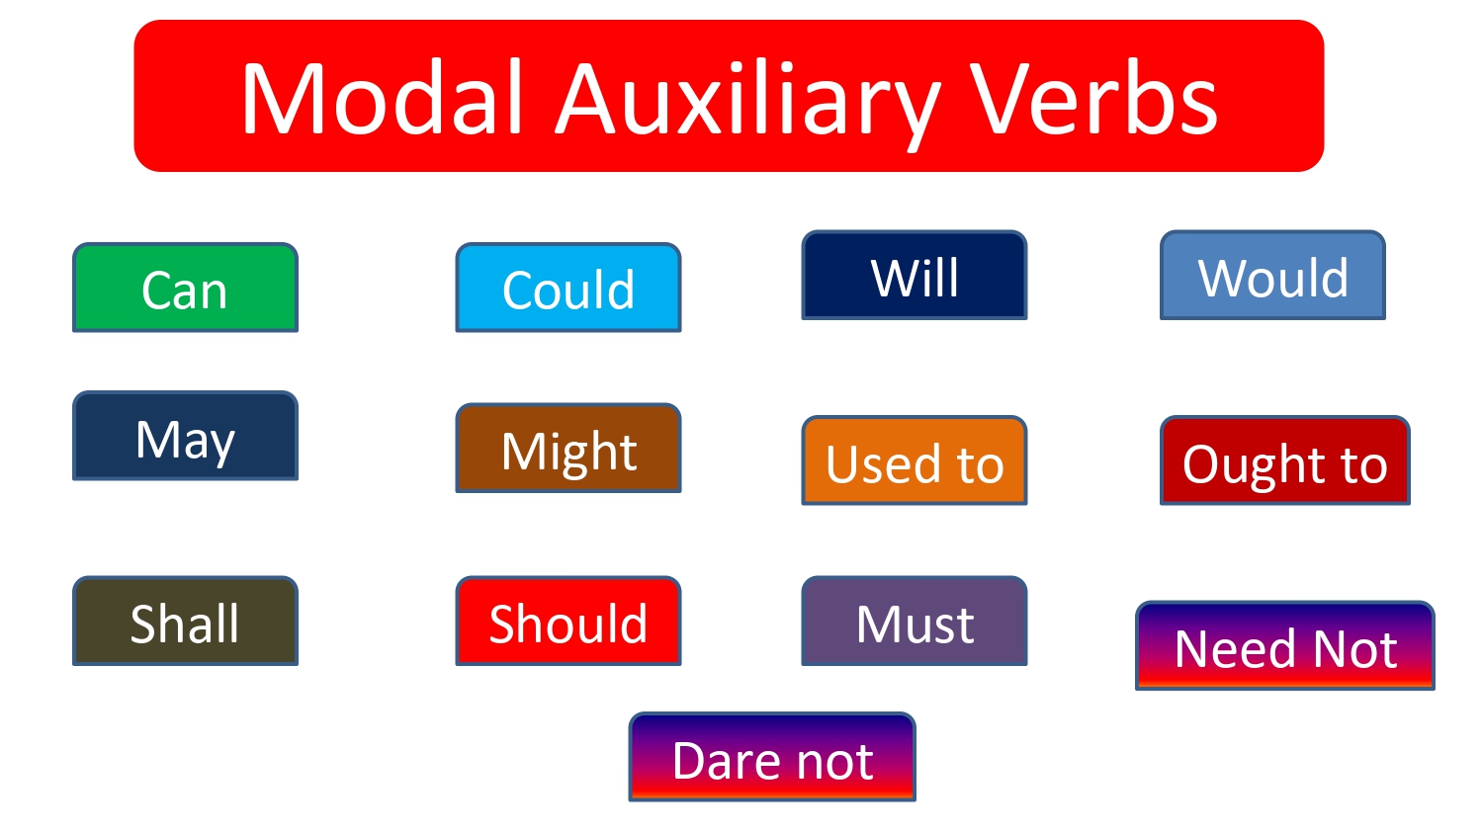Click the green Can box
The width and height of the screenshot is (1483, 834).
coord(185,288)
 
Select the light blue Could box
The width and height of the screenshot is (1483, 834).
coord(567,288)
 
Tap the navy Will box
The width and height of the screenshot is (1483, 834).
coord(915,276)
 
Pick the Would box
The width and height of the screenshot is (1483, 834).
coord(1272,276)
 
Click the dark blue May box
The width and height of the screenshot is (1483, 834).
coord(185,437)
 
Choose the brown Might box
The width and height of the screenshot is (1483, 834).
coord(567,449)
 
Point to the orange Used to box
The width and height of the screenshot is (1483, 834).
coord(915,461)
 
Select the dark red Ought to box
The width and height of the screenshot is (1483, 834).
coord(1284,461)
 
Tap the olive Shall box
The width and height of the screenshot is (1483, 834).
coord(185,622)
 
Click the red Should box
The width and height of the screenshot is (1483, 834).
coord(567,622)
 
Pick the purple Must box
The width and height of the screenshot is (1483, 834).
coord(915,622)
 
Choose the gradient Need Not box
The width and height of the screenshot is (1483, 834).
coord(1284,646)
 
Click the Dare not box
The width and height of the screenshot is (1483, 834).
coord(772,758)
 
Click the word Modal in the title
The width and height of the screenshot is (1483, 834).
coord(382,99)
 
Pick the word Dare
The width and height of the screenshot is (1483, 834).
coord(727,760)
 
